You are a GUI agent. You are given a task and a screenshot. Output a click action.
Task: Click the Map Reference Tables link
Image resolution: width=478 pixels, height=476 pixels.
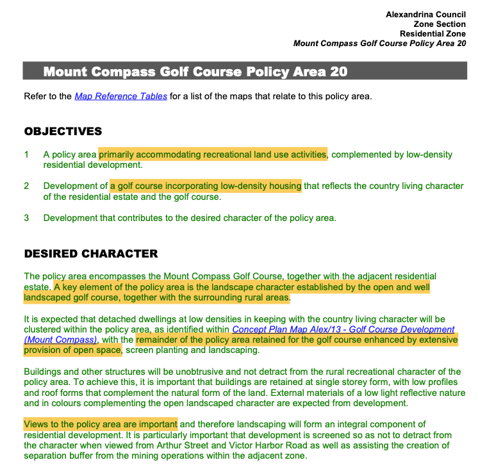121,97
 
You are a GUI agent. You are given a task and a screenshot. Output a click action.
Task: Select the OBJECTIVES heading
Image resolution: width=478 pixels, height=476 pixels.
63,131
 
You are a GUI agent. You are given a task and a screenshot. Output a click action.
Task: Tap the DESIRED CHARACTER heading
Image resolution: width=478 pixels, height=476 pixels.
91,254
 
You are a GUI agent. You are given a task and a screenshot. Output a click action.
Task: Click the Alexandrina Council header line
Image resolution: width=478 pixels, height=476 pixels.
425,14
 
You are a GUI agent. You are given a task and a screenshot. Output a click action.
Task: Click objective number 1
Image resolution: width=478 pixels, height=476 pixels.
27,154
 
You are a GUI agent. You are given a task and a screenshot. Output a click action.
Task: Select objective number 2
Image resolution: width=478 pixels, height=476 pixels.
27,186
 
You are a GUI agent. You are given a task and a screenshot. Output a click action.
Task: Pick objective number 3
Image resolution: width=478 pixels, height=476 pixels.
27,218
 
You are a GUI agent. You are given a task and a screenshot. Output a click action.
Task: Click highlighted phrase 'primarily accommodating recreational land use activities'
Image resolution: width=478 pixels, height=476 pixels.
213,154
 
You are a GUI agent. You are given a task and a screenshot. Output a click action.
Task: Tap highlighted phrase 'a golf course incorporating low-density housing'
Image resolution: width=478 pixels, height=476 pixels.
206,186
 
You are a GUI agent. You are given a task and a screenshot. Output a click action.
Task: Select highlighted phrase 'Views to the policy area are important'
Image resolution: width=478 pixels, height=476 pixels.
101,424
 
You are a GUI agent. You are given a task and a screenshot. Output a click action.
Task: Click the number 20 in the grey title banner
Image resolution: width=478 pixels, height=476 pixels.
338,72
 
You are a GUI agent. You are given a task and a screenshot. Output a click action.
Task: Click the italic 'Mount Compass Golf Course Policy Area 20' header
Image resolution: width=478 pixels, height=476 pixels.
379,44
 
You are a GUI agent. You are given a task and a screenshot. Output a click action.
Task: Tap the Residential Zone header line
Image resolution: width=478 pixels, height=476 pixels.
433,34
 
